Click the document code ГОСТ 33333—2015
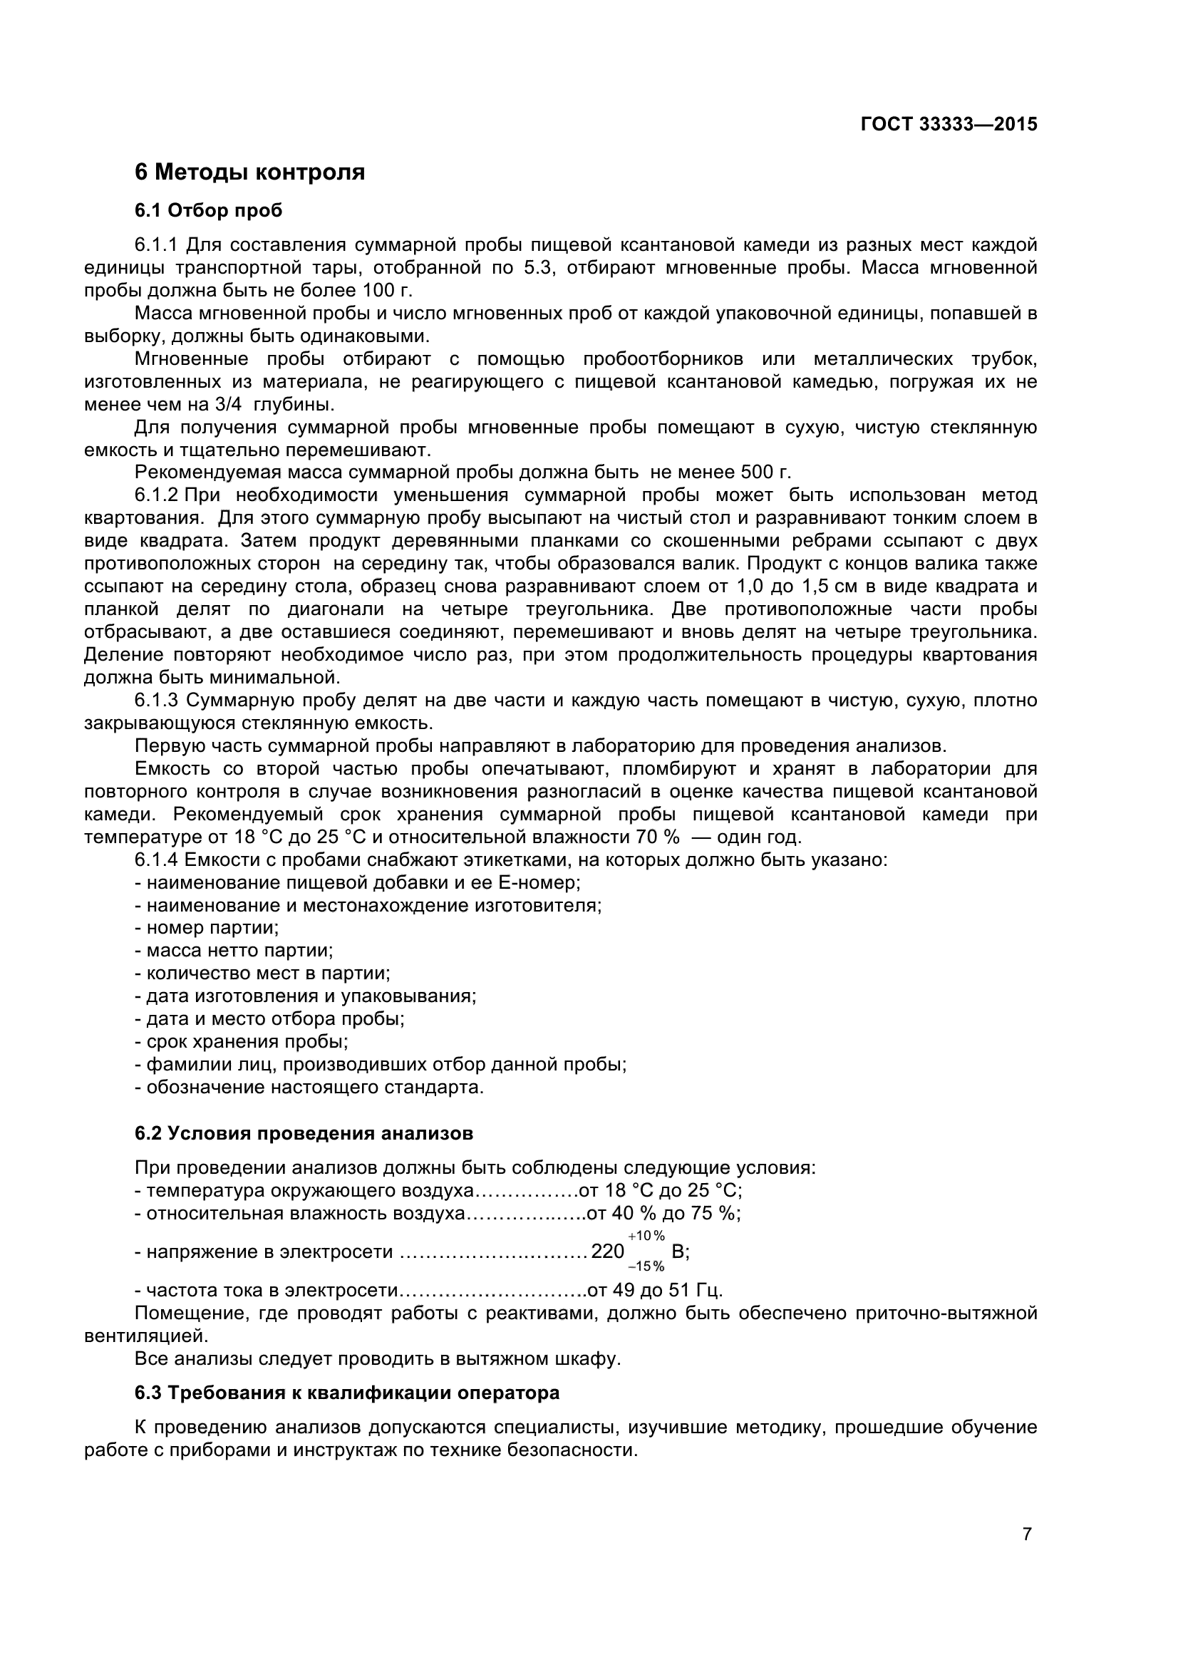tap(948, 124)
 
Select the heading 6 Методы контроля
tap(249, 172)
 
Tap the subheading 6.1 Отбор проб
tap(208, 210)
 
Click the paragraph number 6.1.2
tap(156, 495)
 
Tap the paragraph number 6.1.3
tap(156, 701)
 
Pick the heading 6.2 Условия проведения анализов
tap(304, 1133)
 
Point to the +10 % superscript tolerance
tap(646, 1236)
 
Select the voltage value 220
tap(607, 1251)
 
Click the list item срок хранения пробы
tap(242, 1042)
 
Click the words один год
tap(758, 837)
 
